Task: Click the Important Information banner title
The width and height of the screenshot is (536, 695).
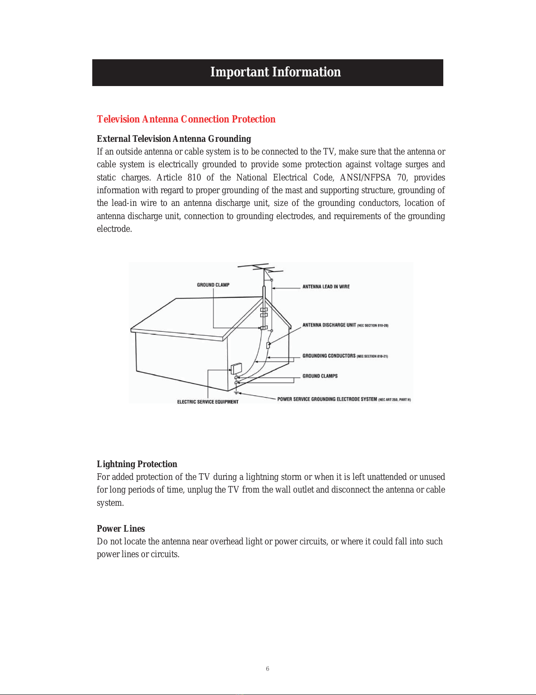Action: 275,72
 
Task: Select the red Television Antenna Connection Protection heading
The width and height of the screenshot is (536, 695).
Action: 186,119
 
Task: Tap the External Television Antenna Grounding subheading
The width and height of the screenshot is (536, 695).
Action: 174,139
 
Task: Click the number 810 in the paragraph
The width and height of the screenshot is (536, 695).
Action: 194,177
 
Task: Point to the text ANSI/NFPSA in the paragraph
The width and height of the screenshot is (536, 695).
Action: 365,177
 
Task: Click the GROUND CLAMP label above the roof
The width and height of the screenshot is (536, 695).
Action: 213,285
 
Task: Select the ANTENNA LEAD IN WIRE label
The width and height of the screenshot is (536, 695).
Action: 326,287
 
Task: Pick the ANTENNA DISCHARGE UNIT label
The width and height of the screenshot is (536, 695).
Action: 329,325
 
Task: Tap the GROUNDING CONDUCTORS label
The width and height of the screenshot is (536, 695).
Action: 329,356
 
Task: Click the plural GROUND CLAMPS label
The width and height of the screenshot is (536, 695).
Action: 320,376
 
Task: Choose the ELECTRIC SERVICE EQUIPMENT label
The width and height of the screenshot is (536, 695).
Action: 208,402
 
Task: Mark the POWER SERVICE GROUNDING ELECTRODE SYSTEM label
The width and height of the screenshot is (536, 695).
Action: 327,400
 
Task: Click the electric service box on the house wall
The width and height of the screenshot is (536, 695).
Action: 236,368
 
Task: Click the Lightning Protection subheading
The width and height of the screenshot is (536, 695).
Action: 137,464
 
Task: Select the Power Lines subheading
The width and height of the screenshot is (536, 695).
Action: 121,529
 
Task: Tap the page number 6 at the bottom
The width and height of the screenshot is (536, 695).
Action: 268,669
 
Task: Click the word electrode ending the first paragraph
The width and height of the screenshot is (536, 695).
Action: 114,229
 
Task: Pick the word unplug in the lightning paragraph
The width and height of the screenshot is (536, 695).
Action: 200,490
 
